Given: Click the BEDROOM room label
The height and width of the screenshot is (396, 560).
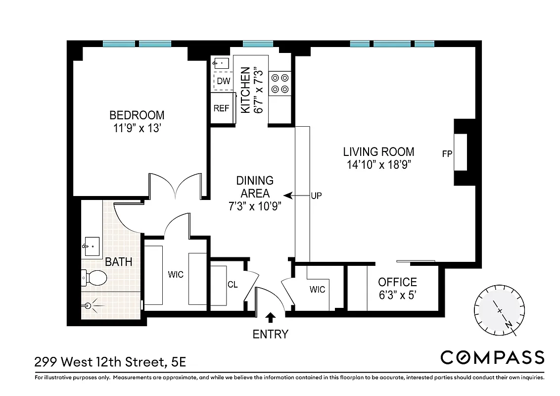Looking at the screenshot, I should pos(137,115).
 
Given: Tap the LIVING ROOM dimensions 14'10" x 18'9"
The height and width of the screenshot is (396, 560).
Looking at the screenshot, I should pos(379,164).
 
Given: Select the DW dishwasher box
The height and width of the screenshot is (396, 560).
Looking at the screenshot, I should pos(224,81).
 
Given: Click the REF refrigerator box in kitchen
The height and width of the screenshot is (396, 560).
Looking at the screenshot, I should pos(221,108).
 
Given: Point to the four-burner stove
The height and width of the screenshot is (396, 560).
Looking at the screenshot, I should pos(280,84).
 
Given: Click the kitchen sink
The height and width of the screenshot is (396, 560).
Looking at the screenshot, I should pos(221,63).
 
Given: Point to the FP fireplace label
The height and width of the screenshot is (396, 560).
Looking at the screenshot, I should pos(447,153).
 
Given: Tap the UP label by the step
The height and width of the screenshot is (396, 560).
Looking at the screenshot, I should pos(316,196).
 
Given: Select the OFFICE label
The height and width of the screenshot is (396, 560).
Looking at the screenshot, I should pos(397,282).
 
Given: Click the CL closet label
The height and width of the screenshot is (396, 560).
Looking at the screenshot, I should pos(233,285).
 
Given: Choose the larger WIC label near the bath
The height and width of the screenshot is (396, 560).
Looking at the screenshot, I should pos(176,274).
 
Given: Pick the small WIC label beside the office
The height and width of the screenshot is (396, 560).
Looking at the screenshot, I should pos(318,289).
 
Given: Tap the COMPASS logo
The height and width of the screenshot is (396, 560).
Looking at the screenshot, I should pos(492,357).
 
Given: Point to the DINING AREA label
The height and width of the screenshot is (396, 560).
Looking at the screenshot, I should pos(255,187).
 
